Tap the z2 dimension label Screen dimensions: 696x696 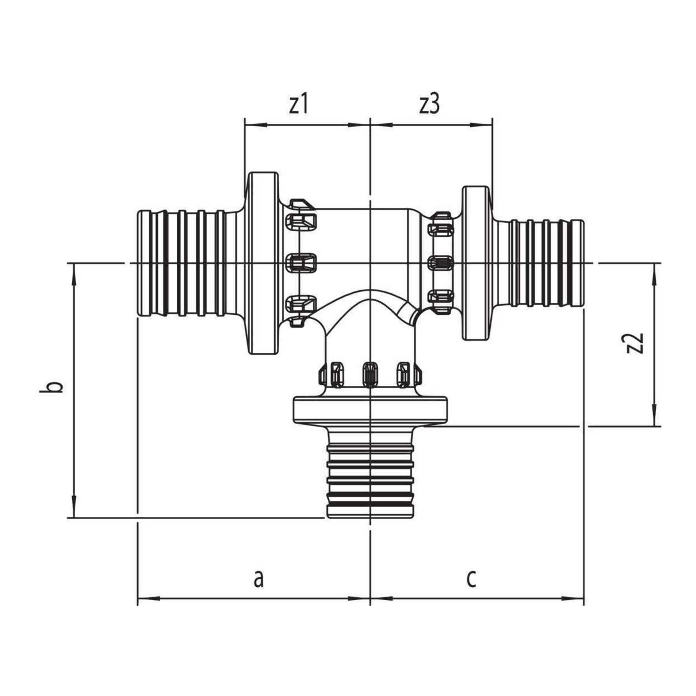pyautogui.click(x=635, y=343)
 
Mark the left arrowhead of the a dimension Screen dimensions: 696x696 pyautogui.click(x=148, y=610)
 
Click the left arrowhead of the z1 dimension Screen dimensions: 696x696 pyautogui.click(x=255, y=125)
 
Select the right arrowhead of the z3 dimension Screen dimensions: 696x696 pyautogui.click(x=482, y=125)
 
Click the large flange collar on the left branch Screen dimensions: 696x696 pyautogui.click(x=262, y=263)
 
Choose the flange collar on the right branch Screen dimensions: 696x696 pyautogui.click(x=476, y=263)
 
